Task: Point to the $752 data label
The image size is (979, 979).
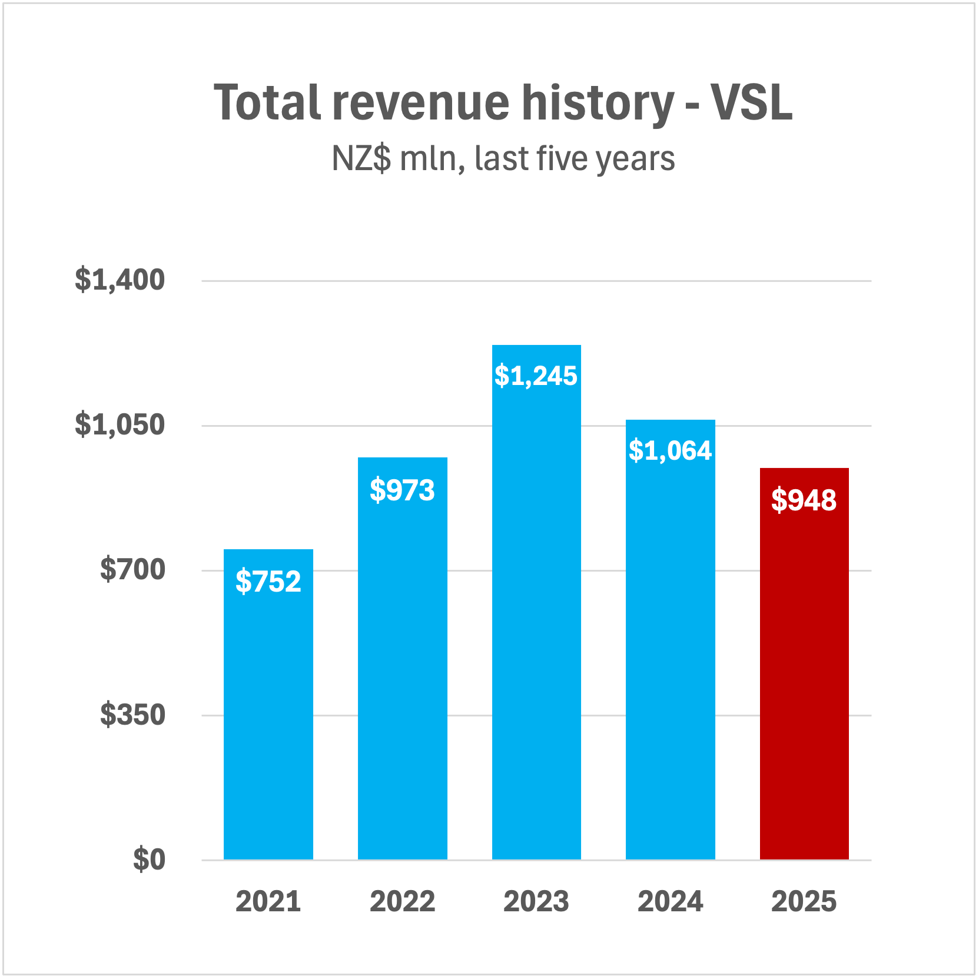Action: coord(268,582)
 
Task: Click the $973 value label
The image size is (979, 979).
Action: coord(402,490)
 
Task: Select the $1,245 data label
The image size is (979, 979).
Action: coord(536,376)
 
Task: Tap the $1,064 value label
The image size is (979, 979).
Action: coord(670,450)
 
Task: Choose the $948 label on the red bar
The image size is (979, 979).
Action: coord(804,500)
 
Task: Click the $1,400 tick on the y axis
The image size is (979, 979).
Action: coord(120,280)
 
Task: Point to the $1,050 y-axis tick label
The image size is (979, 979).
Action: coord(120,424)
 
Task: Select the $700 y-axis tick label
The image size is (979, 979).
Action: coord(132,569)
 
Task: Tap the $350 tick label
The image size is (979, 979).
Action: coord(132,715)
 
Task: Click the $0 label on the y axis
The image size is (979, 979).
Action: coord(149,859)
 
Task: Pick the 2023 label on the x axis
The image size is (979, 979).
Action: coord(536,901)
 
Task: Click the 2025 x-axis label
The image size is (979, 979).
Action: coord(804,901)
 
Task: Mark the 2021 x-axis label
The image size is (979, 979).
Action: coord(268,901)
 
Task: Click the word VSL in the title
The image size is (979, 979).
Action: coord(751,102)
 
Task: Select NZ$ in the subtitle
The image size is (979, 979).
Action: coord(361,158)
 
